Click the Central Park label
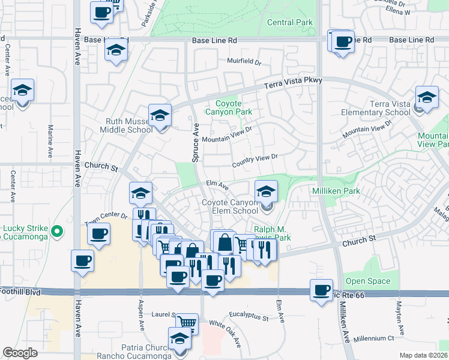point(290,23)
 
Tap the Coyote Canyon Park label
point(229,107)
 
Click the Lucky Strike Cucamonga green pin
point(57,230)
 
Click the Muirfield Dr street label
point(244,61)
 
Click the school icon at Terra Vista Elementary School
point(427,97)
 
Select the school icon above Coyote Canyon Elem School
point(266,191)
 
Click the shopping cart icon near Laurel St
point(187,323)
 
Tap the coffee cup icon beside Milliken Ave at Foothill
point(321,290)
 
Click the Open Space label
point(368,281)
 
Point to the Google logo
point(20,353)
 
